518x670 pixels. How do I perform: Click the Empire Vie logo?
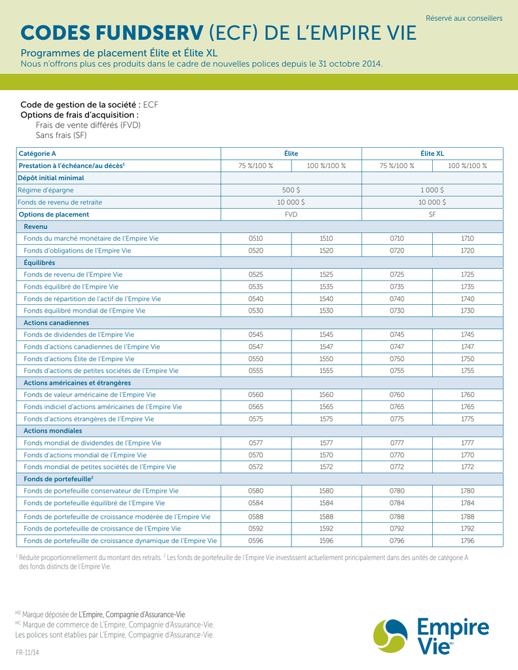[x=431, y=636]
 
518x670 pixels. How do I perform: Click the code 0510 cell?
[x=255, y=238]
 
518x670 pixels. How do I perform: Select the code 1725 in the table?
[x=467, y=274]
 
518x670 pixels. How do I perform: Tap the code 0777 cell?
[x=397, y=443]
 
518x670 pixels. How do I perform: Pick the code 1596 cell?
[x=326, y=541]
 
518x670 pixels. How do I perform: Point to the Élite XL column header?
[x=432, y=153]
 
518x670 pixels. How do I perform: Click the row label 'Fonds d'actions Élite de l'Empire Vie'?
[x=79, y=359]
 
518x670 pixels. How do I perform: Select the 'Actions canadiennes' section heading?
[x=56, y=323]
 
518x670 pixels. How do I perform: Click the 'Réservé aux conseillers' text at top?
[x=464, y=18]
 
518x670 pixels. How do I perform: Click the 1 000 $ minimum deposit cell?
[x=432, y=190]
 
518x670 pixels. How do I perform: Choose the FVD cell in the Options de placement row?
[x=291, y=214]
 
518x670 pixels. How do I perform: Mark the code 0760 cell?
[x=397, y=395]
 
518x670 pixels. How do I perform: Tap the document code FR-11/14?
[x=28, y=653]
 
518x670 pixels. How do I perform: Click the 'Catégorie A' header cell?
[x=37, y=153]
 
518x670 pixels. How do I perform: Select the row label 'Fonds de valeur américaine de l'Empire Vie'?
[x=90, y=395]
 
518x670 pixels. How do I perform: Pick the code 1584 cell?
[x=326, y=503]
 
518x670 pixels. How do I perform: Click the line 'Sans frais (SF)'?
[x=61, y=135]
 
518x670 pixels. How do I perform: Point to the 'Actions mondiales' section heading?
[x=53, y=431]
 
